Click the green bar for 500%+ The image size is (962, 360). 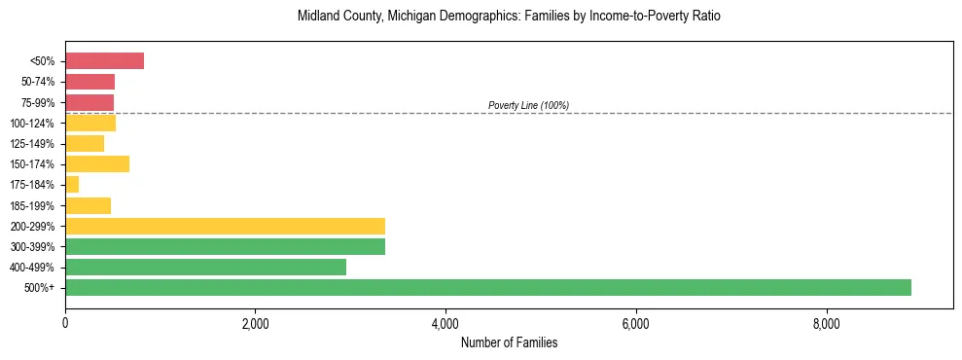click(487, 288)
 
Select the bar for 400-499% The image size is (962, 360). click(205, 268)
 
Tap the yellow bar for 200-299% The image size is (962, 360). click(225, 227)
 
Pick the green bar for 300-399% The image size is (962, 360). click(225, 247)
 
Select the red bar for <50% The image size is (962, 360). click(104, 61)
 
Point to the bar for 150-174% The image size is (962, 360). click(97, 164)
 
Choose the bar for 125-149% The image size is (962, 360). click(85, 144)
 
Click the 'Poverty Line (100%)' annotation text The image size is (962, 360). click(528, 105)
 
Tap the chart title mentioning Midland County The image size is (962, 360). click(509, 17)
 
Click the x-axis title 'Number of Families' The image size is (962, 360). click(509, 342)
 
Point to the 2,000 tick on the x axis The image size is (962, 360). click(255, 323)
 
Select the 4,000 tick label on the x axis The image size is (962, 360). click(445, 323)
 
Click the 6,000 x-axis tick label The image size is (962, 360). click(635, 323)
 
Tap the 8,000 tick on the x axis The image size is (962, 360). click(825, 323)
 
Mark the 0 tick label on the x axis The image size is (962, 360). click(65, 323)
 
